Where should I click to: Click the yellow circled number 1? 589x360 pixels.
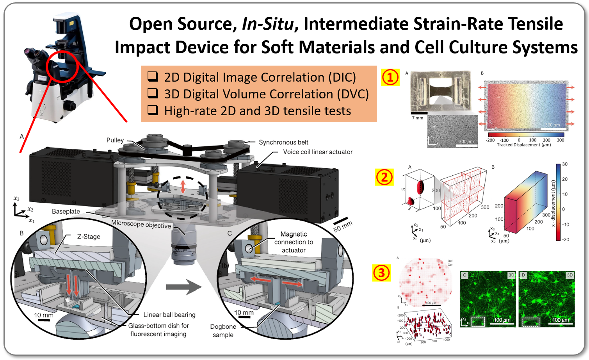(390, 77)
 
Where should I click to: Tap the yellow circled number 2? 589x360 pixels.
(384, 177)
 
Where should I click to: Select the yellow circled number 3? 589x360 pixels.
(381, 273)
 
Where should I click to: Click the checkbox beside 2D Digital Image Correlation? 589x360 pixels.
(153, 77)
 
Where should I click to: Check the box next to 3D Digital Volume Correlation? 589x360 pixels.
(153, 93)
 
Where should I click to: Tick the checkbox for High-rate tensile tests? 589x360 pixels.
(153, 110)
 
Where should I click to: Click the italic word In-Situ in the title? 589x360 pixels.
(267, 24)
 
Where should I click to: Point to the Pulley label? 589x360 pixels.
(115, 140)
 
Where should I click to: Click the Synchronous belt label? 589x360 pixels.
(283, 143)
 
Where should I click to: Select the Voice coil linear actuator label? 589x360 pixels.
(318, 152)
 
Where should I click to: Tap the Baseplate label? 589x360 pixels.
(66, 211)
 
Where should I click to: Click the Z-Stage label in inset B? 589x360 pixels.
(89, 237)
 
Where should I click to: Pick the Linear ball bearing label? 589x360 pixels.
(169, 315)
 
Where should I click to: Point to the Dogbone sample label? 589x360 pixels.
(223, 331)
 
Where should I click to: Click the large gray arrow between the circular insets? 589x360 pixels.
(183, 287)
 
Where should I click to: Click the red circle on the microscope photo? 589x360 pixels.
(62, 66)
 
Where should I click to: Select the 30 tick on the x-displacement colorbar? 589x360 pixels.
(565, 164)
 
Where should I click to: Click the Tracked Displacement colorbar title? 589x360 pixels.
(524, 145)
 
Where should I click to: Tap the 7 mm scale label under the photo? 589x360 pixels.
(418, 118)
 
